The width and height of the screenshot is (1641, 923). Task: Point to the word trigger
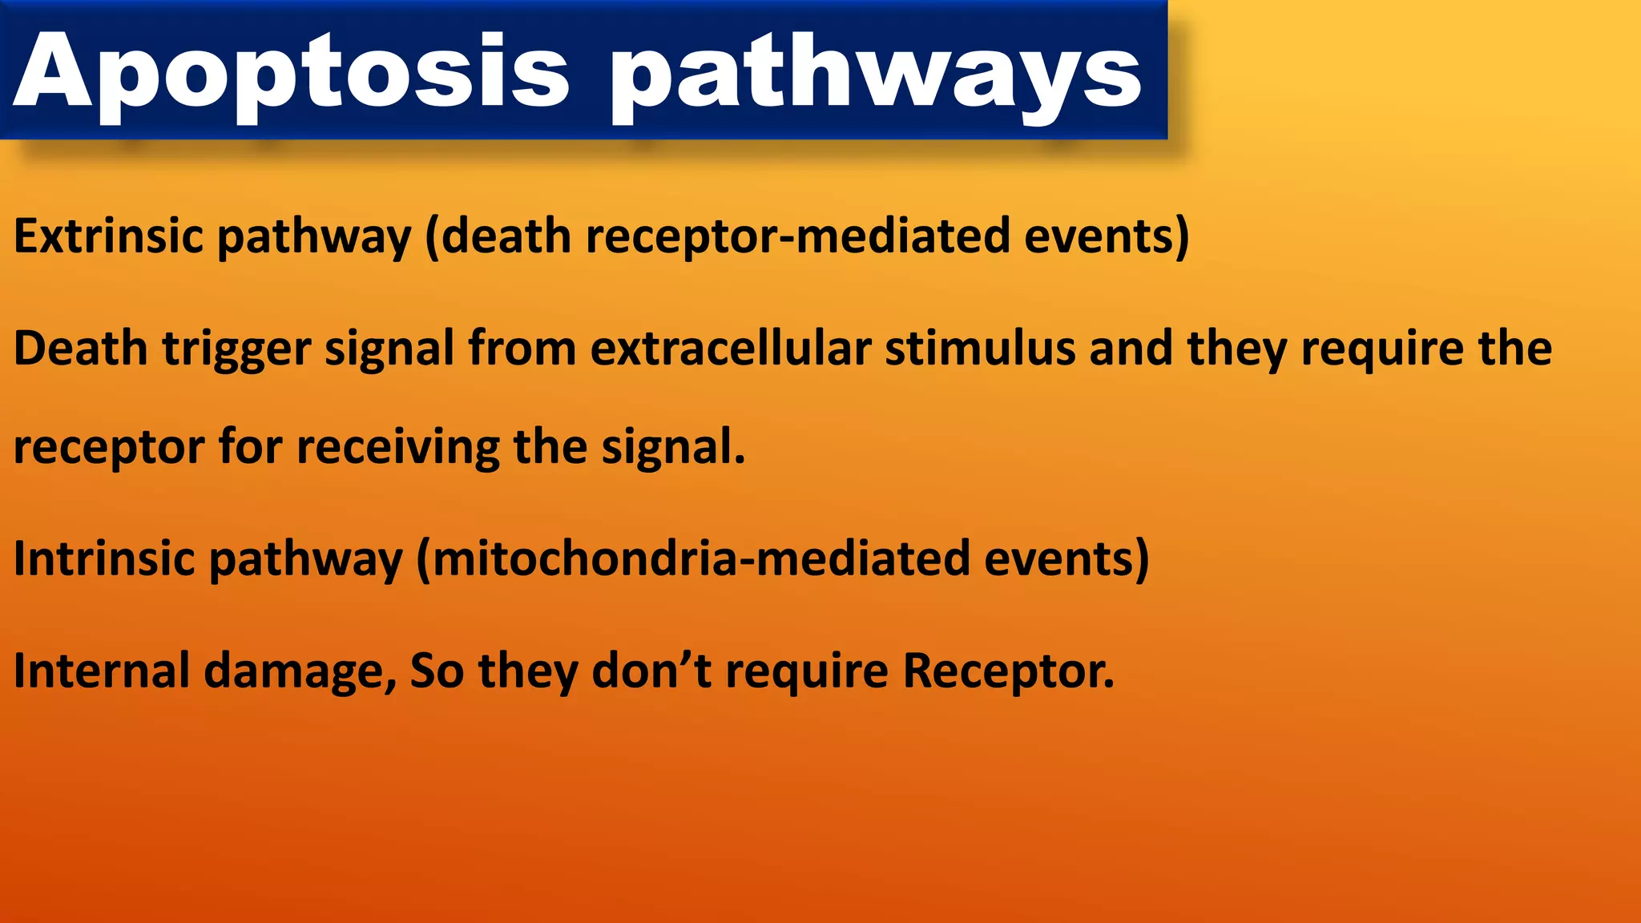coord(236,350)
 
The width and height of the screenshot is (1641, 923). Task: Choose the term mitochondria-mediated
coord(701,558)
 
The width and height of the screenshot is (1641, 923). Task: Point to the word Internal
coord(102,671)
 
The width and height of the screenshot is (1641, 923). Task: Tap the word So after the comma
coord(437,671)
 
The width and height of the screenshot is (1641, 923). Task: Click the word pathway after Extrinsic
coord(313,238)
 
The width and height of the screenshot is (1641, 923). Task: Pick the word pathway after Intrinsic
coord(305,560)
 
